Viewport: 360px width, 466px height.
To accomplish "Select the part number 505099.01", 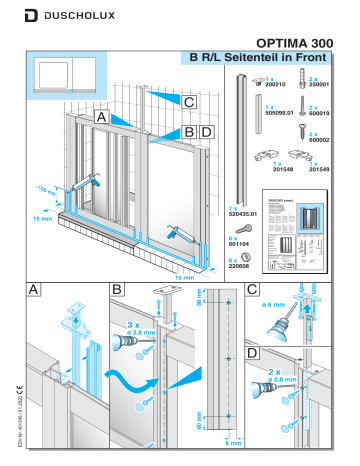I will pyautogui.click(x=277, y=113).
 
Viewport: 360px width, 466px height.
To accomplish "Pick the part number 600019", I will pyautogui.click(x=321, y=113).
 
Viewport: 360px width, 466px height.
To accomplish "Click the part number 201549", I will pyautogui.click(x=321, y=169).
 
